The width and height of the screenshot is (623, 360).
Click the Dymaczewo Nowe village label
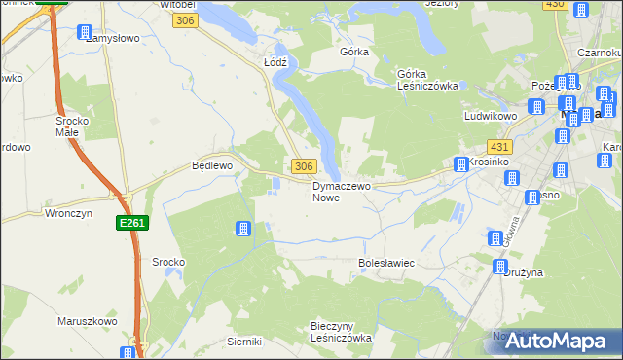coord(338,191)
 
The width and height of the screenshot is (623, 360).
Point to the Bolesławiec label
coord(386,264)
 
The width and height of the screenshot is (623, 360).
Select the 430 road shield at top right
coord(555,5)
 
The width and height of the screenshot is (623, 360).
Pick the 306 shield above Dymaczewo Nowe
coord(303,166)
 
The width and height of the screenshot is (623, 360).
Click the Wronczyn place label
coord(67,212)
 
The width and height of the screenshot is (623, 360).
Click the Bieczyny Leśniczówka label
coord(341,331)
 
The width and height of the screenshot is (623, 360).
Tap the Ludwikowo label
coord(489,116)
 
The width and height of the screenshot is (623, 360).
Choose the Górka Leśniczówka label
coord(427,79)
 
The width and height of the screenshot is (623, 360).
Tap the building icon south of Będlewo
coord(242,229)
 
